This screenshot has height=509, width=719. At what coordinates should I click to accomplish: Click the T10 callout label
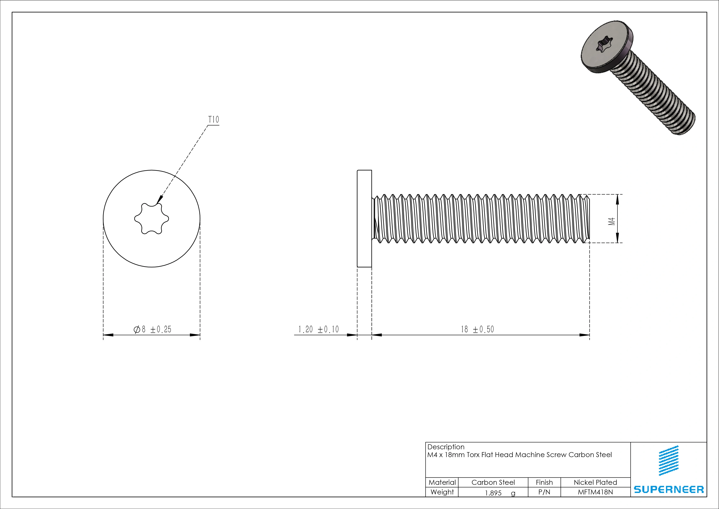[x=214, y=120]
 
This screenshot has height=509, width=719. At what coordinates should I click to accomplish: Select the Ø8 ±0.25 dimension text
[x=153, y=329]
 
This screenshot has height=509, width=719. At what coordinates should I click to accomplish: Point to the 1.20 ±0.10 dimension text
[x=318, y=329]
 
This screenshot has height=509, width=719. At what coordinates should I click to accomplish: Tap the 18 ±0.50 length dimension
[x=477, y=329]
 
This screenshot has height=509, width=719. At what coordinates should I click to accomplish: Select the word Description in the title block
[x=446, y=447]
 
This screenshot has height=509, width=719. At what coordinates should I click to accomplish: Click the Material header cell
[x=442, y=482]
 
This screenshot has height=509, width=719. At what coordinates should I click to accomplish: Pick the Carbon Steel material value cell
[x=493, y=482]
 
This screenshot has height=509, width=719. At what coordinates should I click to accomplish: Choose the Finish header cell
[x=544, y=482]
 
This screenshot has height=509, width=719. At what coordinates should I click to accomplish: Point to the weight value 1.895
[x=493, y=493]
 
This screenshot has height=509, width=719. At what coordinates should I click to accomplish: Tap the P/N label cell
[x=544, y=492]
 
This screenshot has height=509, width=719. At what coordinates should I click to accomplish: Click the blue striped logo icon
[x=669, y=460]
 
